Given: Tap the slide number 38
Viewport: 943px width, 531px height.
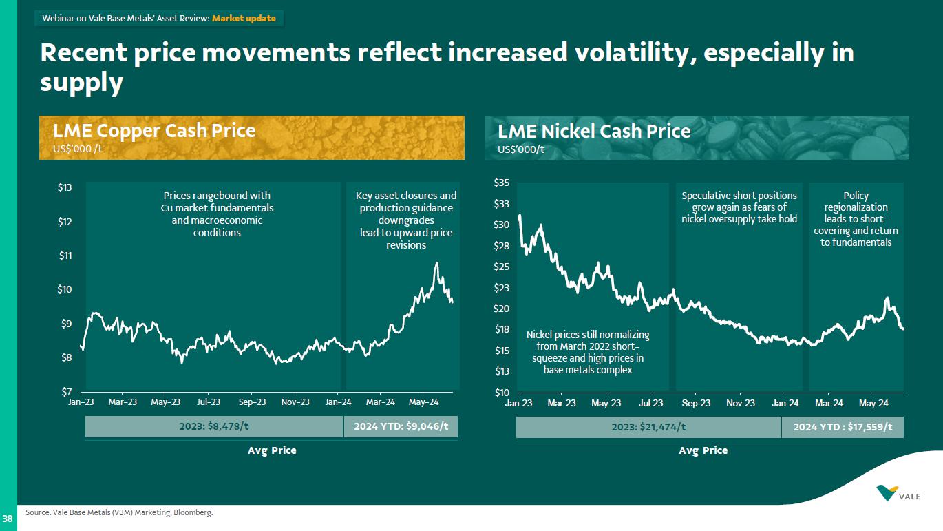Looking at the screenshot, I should click(x=8, y=518).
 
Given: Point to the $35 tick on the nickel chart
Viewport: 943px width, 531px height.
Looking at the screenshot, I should click(x=502, y=183).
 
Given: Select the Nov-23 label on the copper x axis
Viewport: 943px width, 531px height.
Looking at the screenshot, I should click(x=295, y=402).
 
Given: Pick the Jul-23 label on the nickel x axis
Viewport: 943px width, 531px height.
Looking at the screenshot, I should click(x=650, y=403).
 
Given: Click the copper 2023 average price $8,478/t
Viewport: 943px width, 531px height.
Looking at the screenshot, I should click(x=214, y=427).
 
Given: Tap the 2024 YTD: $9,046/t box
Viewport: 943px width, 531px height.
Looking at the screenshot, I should click(x=401, y=427).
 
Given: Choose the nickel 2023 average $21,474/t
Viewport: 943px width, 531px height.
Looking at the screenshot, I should click(x=648, y=428).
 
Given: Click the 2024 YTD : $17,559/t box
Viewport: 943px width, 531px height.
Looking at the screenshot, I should click(x=843, y=428).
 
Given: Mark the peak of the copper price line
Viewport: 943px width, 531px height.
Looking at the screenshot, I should click(x=436, y=263).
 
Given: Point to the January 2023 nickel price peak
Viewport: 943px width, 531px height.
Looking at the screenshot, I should click(x=519, y=216).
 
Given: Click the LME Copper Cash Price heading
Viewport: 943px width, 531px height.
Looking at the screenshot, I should click(x=154, y=131).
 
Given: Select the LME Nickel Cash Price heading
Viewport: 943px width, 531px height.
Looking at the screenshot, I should click(x=594, y=131).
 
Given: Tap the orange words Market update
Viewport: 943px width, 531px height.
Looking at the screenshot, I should click(x=244, y=19).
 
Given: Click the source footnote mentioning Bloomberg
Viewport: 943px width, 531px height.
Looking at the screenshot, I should click(x=119, y=512).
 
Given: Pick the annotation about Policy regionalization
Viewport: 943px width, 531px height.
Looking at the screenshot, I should click(x=856, y=219).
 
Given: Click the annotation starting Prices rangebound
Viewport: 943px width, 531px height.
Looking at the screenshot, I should click(x=217, y=214).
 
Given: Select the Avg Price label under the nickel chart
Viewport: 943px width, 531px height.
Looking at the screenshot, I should click(x=703, y=450).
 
